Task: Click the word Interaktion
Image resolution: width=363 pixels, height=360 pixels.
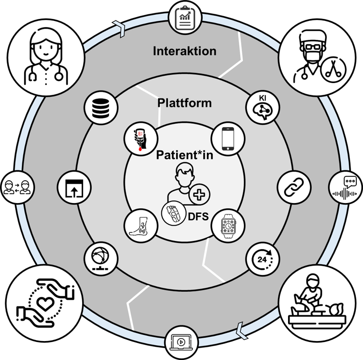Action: pyautogui.click(x=184, y=51)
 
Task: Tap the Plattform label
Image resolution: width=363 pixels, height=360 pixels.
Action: pyautogui.click(x=184, y=103)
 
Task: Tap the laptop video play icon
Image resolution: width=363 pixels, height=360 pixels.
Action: pyautogui.click(x=181, y=342)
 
